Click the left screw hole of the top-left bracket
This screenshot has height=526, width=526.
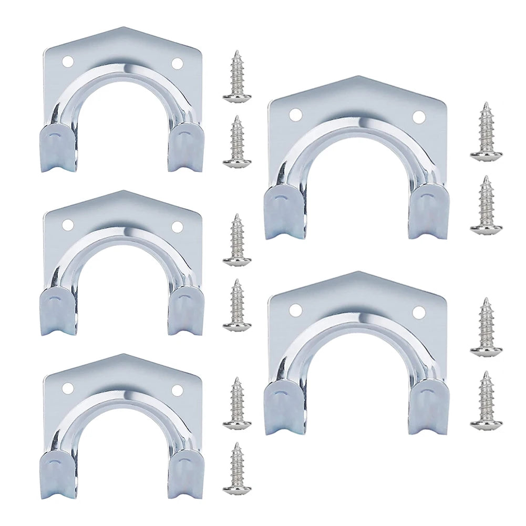coord(67,61)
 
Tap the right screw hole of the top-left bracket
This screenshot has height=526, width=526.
coord(177,64)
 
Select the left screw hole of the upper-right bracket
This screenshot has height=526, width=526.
coord(295,114)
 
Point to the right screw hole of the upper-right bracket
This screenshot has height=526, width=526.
coord(418,117)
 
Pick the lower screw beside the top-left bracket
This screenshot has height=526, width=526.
coord(237,142)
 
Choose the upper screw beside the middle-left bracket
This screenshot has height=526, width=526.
coord(237,240)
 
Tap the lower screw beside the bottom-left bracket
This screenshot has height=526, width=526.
coord(237,469)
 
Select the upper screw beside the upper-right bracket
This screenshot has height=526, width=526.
coord(486,132)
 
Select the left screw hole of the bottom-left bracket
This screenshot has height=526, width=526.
coord(67,388)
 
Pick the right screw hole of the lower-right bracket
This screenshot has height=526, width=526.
coord(418,312)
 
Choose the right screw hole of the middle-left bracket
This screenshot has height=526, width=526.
coord(177,227)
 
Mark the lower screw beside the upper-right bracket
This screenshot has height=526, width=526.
coord(486,205)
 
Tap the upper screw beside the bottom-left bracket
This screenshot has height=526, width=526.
coord(237,404)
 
